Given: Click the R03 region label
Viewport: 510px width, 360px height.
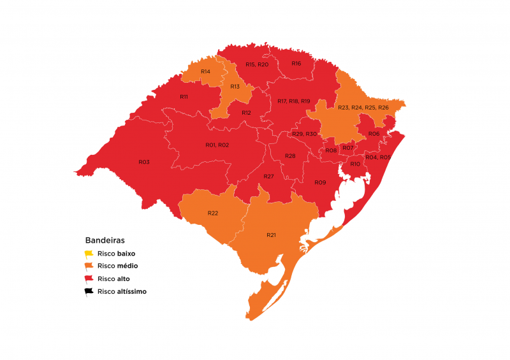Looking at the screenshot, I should point(143,162).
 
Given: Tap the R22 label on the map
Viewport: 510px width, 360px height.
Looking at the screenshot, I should point(213,213).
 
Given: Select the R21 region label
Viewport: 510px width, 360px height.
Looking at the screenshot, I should point(271,235).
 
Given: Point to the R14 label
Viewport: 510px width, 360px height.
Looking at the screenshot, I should point(205,71).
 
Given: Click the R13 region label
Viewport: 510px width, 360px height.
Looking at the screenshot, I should point(235,87).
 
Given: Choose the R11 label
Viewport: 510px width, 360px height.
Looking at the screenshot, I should point(184,97).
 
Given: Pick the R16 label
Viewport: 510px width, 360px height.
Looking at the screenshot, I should point(296,64).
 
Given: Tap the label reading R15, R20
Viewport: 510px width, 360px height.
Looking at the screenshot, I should point(257,65).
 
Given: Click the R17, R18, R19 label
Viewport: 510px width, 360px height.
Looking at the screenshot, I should point(294,101).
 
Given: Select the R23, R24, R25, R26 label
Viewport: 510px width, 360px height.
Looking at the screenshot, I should point(363,108).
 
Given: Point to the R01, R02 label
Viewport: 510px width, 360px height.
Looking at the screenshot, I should point(217,145).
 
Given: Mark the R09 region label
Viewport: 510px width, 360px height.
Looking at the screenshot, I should point(320,183).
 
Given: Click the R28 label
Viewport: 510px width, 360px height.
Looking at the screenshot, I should point(290,156).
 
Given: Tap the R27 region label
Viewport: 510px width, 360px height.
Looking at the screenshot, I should point(268,176).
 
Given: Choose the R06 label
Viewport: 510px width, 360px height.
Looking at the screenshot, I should point(374,134).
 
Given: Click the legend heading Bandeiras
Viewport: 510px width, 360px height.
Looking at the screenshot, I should point(105,241).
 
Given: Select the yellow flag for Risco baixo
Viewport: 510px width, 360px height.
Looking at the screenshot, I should point(89,254).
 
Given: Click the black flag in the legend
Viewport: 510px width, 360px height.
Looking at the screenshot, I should point(89,292).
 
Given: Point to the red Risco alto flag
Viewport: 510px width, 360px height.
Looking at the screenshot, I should point(89,279).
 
